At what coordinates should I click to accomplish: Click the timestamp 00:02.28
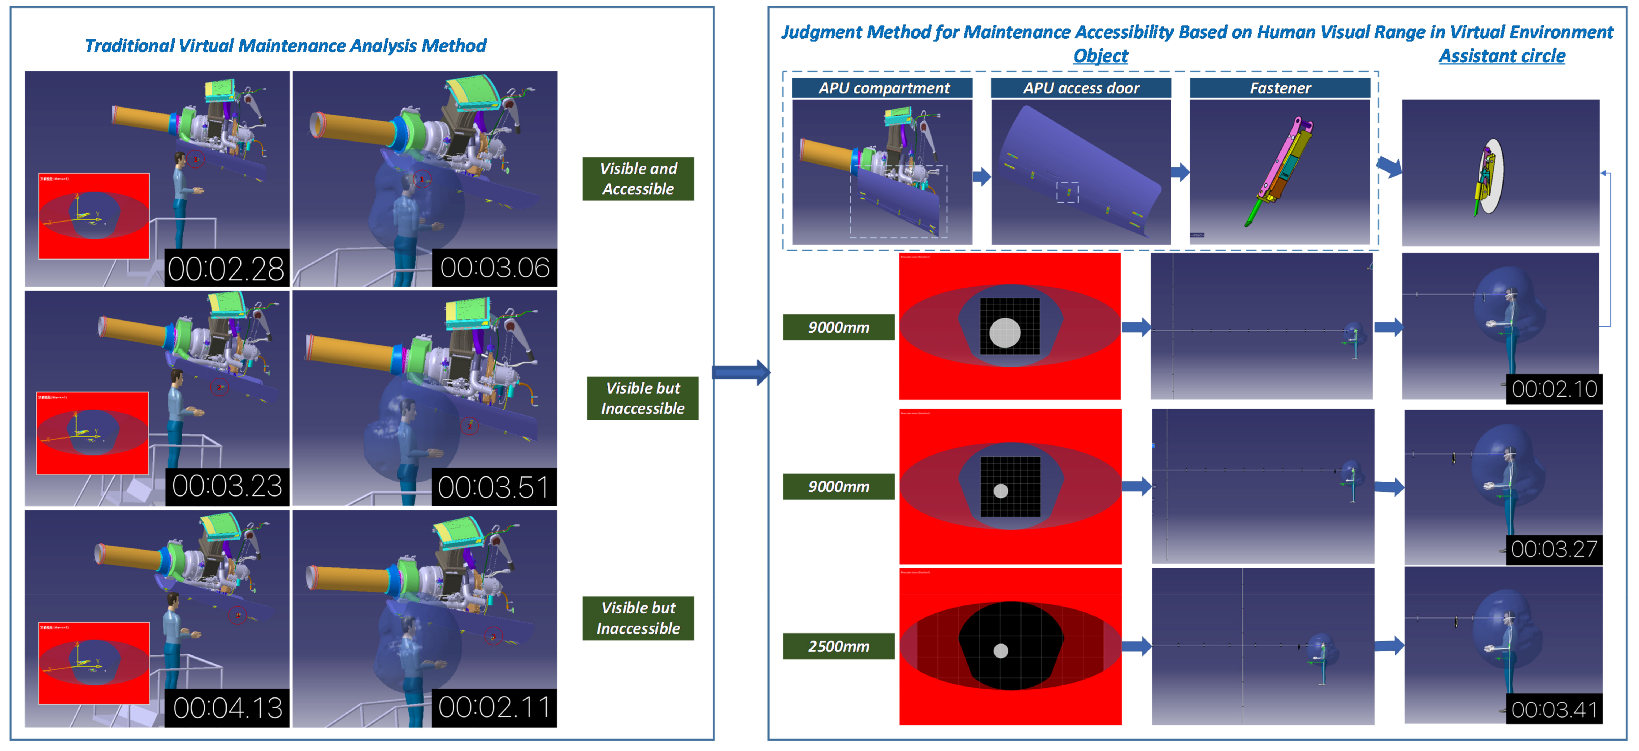tap(226, 268)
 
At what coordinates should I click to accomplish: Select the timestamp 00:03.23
tap(227, 486)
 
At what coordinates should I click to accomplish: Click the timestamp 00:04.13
tap(227, 708)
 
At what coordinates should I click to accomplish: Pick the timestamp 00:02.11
tap(494, 707)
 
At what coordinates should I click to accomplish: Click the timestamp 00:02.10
tap(1554, 388)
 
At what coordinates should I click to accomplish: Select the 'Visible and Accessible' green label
tap(638, 179)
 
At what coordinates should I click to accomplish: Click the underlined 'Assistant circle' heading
tap(1502, 56)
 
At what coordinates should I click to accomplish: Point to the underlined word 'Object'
tap(1100, 56)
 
